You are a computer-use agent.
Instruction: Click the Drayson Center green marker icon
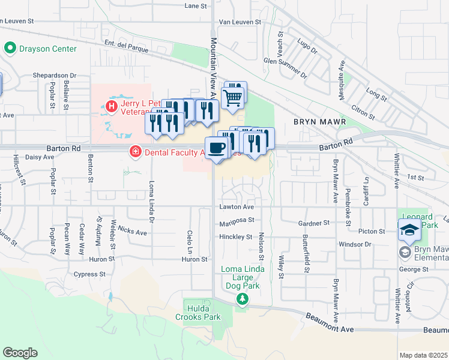[10, 48]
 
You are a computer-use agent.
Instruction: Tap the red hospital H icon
[110, 106]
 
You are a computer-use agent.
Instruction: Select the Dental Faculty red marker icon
[136, 152]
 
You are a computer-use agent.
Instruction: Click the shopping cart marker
[233, 96]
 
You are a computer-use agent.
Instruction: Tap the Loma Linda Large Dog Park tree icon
[241, 299]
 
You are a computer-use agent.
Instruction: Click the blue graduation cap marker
[409, 229]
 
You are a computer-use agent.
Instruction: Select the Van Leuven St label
[240, 22]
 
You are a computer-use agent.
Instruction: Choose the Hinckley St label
[236, 237]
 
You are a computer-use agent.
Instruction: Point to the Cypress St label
[89, 274]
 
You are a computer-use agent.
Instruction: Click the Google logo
[20, 353]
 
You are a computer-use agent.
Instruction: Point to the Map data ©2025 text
[423, 355]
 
